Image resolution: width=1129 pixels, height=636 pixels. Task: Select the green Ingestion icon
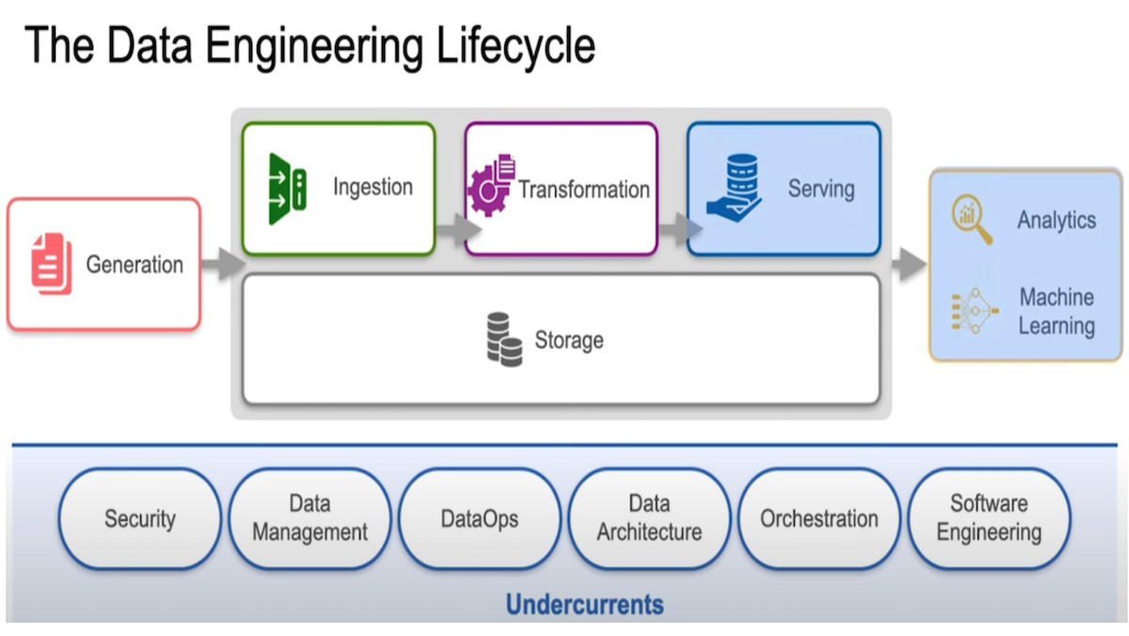coord(286,189)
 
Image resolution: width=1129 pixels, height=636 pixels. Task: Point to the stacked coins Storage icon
coord(504,340)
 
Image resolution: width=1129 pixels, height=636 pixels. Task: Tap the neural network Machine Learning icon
coord(973,311)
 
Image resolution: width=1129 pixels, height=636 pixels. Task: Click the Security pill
coord(140,518)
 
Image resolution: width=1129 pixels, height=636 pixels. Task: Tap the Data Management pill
coord(310,518)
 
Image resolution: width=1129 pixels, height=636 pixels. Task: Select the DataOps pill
coord(479,518)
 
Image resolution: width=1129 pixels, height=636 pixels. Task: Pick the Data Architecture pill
coord(649,518)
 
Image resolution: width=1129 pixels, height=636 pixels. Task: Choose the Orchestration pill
coord(819,518)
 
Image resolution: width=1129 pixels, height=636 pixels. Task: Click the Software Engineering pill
coord(989,518)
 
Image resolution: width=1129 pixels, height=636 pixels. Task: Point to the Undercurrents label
coord(584,603)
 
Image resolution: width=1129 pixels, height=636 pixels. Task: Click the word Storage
coord(569,340)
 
